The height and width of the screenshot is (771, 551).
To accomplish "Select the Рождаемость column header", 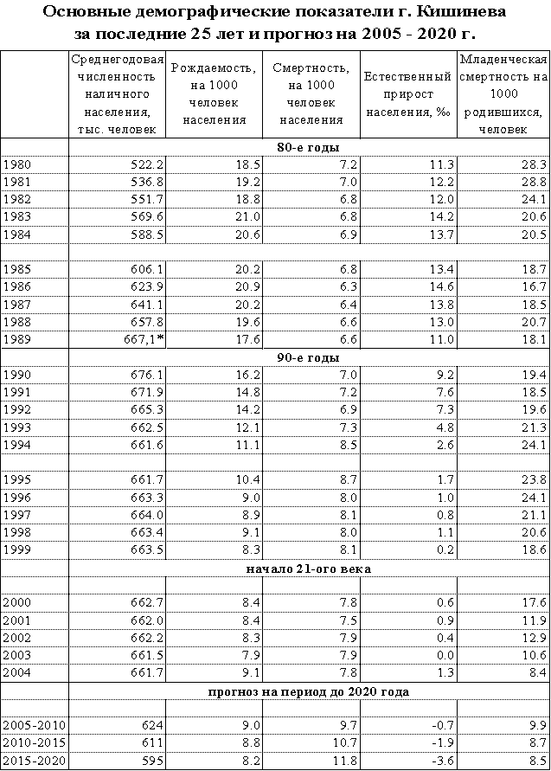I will pos(215,93).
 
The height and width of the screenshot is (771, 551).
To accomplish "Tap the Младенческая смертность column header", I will pos(503,93).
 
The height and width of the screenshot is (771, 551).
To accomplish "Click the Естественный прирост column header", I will pos(408,93).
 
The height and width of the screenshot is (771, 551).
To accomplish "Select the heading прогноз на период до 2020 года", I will pos(308,691).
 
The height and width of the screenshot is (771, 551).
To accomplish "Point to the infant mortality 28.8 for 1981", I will pos(533,182).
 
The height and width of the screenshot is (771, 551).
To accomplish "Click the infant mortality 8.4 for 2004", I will pos(536,671).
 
